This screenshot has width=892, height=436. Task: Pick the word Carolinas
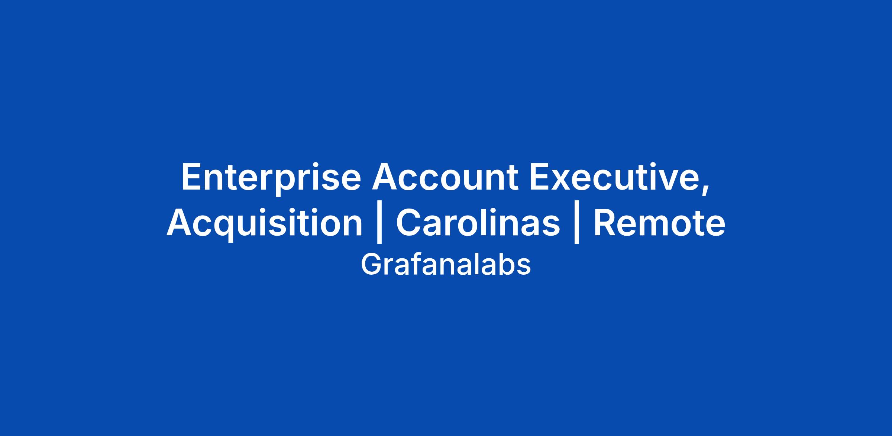pos(478,223)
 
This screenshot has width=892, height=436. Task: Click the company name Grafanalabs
pos(446,265)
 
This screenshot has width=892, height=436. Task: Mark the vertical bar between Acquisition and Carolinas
pos(379,225)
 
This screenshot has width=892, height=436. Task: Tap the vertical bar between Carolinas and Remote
pos(577,225)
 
